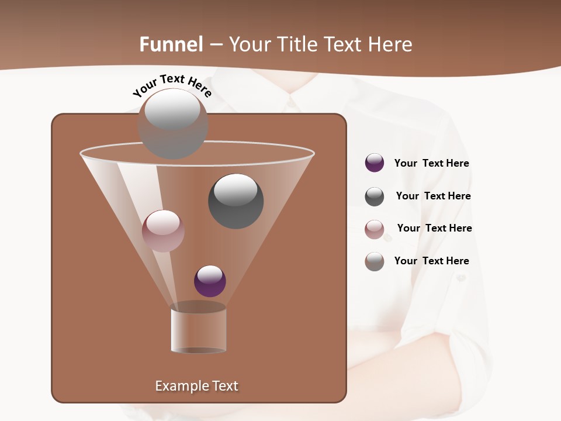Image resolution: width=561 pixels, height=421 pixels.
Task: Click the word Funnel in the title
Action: (171, 44)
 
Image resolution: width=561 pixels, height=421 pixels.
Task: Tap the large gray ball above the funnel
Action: (172, 123)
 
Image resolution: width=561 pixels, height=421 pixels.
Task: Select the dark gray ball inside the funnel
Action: (236, 201)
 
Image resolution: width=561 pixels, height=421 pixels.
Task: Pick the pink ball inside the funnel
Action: (163, 230)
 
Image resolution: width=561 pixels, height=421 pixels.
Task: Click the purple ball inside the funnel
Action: (210, 281)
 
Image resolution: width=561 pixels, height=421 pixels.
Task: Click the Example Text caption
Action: (196, 386)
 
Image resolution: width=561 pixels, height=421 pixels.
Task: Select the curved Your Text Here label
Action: (172, 86)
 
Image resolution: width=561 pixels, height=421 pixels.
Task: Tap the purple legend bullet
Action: (375, 163)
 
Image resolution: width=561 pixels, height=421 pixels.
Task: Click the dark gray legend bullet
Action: (375, 196)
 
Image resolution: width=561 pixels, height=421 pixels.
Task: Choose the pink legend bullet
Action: (375, 229)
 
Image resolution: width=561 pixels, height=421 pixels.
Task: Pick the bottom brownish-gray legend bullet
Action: (375, 261)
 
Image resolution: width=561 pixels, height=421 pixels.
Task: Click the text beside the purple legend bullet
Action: (431, 163)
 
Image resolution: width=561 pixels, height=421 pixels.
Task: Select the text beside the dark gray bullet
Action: (433, 196)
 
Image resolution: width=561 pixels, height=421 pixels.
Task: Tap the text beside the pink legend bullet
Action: (434, 228)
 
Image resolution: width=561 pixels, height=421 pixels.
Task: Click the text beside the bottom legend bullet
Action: (431, 261)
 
